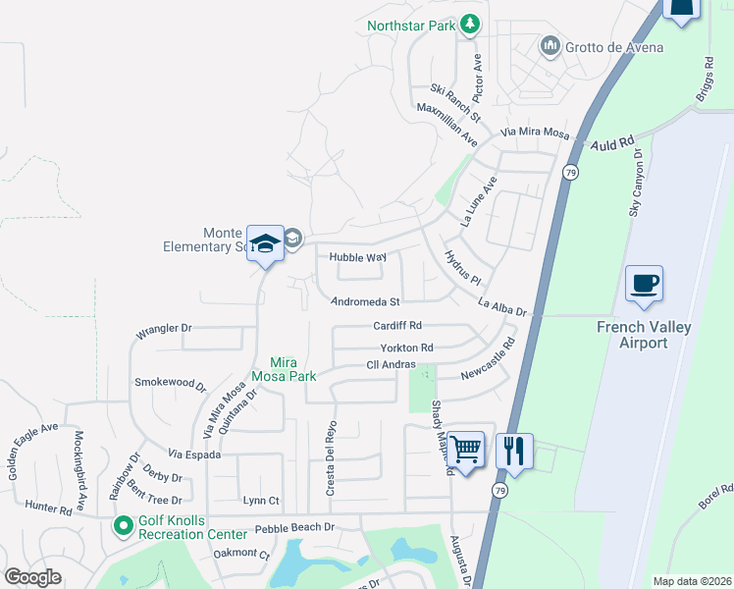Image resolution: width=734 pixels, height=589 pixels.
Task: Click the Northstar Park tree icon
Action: click(x=471, y=24)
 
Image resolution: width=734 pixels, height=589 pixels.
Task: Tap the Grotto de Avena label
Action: click(x=614, y=46)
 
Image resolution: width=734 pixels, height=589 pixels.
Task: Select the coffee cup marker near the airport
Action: click(x=644, y=285)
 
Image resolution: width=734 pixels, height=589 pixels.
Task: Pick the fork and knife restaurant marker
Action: click(x=514, y=451)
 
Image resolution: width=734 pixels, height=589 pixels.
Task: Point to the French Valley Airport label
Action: click(x=644, y=335)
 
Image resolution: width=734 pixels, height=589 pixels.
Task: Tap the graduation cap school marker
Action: click(x=265, y=243)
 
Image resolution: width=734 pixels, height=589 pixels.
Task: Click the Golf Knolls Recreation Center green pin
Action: click(x=123, y=527)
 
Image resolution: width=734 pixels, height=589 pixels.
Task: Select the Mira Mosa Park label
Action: click(x=282, y=367)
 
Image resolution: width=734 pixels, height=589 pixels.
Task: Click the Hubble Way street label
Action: click(x=357, y=257)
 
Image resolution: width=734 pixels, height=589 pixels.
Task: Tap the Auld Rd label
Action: click(x=614, y=144)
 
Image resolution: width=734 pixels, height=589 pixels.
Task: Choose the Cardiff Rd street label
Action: click(x=397, y=325)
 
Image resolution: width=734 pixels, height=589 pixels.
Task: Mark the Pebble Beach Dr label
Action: click(x=294, y=528)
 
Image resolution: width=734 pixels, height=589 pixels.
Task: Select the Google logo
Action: click(x=33, y=577)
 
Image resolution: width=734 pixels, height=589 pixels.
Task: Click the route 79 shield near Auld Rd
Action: click(x=570, y=172)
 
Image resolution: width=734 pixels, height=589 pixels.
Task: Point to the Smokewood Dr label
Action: click(x=170, y=384)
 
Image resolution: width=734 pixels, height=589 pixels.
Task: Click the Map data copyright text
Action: click(x=691, y=581)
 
